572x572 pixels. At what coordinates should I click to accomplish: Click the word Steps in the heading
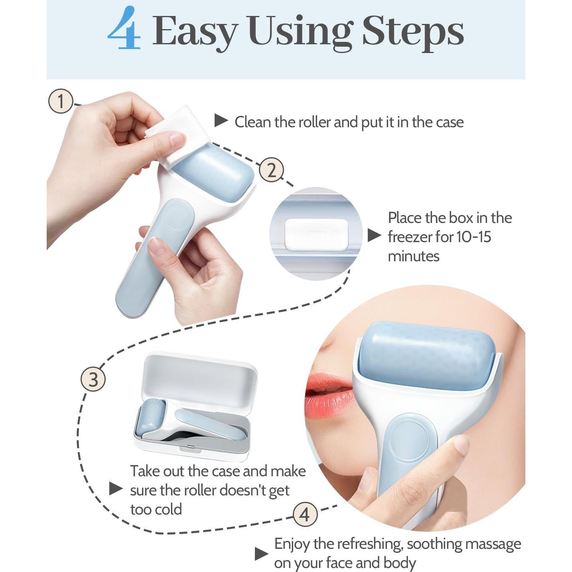point(413,33)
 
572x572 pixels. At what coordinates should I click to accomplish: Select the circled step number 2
point(271,170)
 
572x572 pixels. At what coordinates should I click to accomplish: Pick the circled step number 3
point(93,379)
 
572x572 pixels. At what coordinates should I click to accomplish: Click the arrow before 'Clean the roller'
point(221,120)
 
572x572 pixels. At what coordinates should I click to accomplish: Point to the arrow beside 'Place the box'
point(374,235)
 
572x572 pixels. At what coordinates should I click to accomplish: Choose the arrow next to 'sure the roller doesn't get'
point(116,489)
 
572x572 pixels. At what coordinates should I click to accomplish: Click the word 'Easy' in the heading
point(195,33)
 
